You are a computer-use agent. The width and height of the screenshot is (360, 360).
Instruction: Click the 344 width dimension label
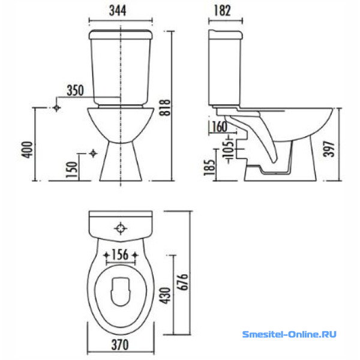pos(118,11)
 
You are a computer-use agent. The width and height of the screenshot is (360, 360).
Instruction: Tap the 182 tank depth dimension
pos(222,11)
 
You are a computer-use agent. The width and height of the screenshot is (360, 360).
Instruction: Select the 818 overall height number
pos(166,107)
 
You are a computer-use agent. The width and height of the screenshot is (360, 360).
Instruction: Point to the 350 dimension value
pos(76,91)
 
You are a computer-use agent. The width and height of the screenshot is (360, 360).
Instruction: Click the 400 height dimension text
pos(27,149)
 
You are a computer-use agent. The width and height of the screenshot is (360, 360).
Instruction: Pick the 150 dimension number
pos(71,169)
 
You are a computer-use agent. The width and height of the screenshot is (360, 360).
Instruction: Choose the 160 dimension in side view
pos(220,127)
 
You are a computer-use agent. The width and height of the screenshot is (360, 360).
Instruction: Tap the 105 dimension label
pos(229,149)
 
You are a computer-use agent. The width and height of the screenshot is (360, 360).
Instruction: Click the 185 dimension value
pos(209,167)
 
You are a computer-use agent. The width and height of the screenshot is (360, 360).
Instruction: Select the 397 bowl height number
pos(329,149)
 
